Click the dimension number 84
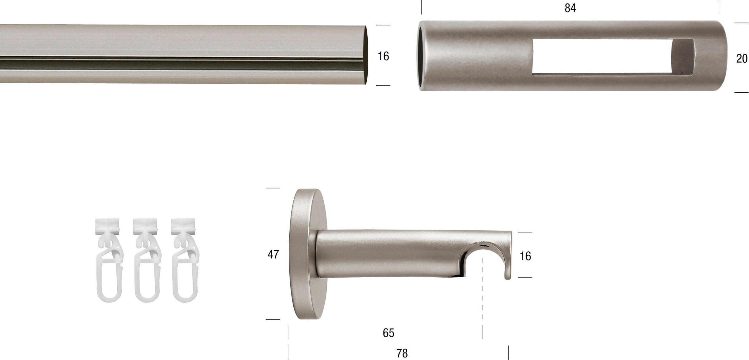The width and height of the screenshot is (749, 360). coord(570,8)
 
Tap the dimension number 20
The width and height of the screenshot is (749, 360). coord(742,59)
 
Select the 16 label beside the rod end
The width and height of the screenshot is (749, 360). coord(383,56)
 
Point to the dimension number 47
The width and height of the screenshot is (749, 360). coord(273,255)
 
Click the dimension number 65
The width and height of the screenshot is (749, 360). coord(389,333)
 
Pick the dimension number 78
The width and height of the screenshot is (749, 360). coord(402,353)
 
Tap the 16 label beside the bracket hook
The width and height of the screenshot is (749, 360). coord(525,256)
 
